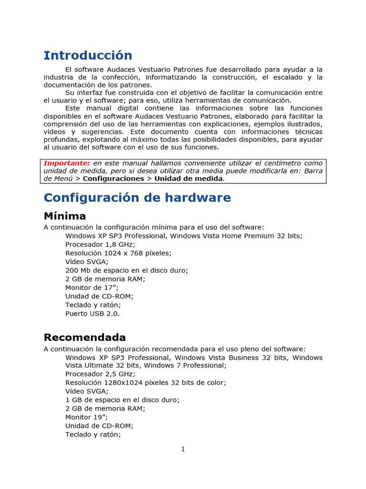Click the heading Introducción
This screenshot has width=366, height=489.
click(88, 55)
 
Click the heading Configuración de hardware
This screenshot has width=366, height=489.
click(137, 198)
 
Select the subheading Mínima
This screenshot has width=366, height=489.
click(65, 216)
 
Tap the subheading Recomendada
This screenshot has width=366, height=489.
click(85, 338)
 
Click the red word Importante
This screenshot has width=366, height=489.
click(66, 163)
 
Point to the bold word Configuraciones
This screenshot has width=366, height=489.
click(113, 178)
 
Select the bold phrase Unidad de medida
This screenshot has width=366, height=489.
click(188, 178)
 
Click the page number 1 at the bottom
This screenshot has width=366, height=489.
click(183, 449)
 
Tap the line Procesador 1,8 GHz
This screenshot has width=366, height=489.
click(100, 244)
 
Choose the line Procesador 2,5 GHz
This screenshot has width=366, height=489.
click(100, 374)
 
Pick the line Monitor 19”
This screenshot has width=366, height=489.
click(86, 417)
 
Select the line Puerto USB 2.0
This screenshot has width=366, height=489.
click(92, 314)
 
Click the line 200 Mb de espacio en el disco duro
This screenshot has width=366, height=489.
click(127, 270)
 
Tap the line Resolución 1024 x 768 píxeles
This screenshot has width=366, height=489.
click(118, 253)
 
